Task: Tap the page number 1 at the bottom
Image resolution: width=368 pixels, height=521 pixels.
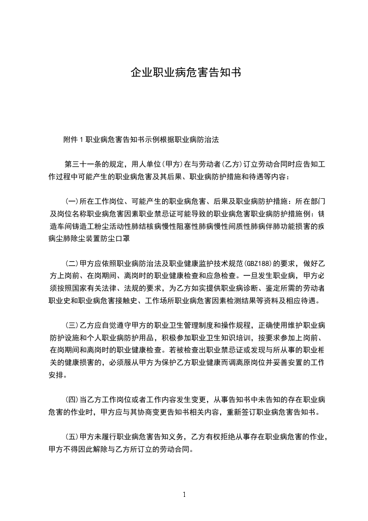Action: (x=184, y=494)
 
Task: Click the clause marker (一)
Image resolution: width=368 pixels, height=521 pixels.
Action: (x=71, y=202)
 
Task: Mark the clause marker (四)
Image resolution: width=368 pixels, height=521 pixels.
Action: (x=71, y=398)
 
